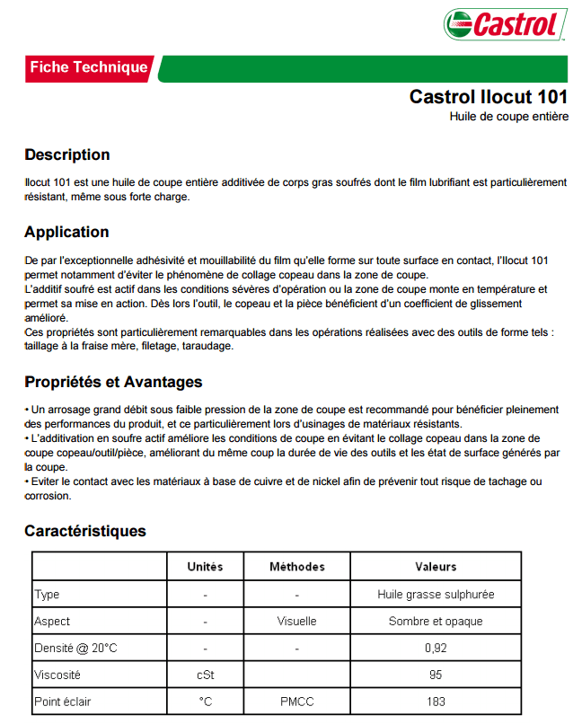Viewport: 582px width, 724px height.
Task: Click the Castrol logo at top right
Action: (x=506, y=24)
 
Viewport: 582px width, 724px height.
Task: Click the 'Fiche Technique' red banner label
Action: (x=88, y=67)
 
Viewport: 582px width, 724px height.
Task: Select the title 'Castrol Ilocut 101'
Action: (x=488, y=97)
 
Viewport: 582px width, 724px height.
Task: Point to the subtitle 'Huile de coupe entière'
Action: (x=508, y=117)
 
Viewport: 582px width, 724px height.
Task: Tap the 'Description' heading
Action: (x=66, y=155)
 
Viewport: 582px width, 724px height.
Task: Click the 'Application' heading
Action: (x=66, y=232)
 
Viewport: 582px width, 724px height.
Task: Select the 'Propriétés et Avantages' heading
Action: (x=113, y=383)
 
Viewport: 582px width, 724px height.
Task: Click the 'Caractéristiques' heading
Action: (x=84, y=531)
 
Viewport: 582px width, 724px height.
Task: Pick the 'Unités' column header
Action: (x=205, y=567)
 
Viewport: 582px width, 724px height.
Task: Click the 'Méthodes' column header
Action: (x=296, y=567)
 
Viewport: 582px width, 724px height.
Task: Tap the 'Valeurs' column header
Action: (x=436, y=567)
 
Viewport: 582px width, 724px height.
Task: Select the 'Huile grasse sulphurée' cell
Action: (x=436, y=594)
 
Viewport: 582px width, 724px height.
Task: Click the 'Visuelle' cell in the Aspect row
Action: (x=296, y=621)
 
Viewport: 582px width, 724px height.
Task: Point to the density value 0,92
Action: (x=436, y=648)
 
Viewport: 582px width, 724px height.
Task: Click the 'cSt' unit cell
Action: (x=205, y=675)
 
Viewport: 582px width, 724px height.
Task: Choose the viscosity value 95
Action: (x=436, y=675)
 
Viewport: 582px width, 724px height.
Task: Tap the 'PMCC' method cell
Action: (x=296, y=702)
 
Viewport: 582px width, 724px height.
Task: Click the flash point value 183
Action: (x=436, y=702)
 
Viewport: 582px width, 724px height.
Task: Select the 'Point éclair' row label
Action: (x=62, y=702)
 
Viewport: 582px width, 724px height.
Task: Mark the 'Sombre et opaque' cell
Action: (x=436, y=621)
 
